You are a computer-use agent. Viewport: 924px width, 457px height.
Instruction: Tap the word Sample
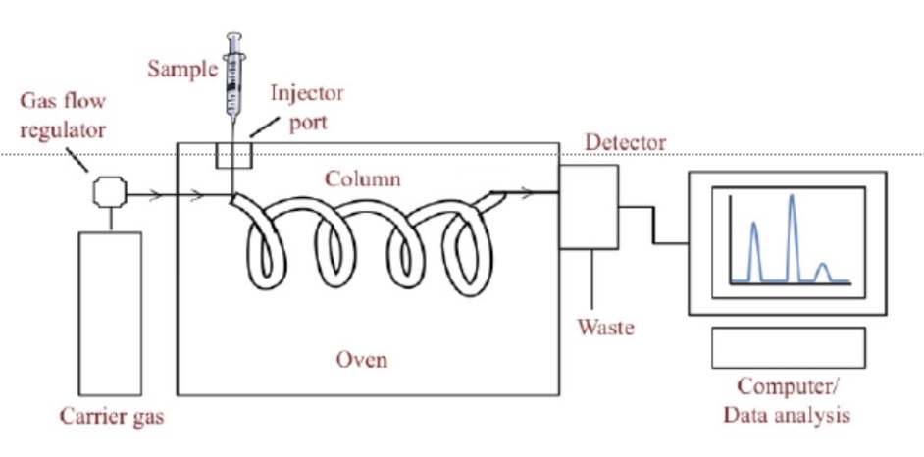tap(179, 69)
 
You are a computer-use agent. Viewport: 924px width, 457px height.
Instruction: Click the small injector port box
tap(233, 155)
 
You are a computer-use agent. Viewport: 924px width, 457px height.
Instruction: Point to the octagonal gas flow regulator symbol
tap(109, 191)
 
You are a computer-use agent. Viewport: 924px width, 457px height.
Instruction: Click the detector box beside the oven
tap(589, 206)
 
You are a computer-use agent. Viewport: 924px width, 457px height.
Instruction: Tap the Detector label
tap(626, 143)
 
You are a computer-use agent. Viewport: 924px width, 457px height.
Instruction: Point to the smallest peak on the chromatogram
tap(824, 267)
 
